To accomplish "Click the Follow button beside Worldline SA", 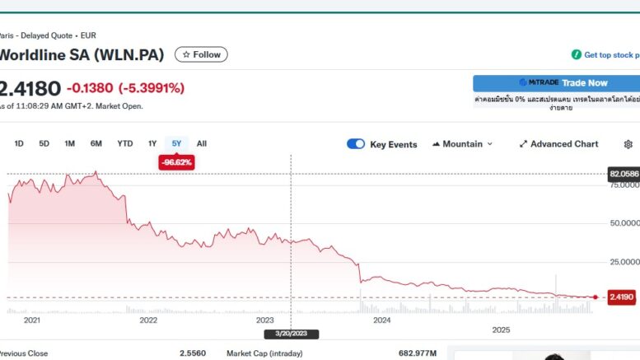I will point(201,54).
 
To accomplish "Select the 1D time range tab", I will point(19,143).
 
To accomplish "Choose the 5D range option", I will point(44,143).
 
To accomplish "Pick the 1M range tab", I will point(69,143).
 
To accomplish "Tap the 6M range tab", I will point(96,143).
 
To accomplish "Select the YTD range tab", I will point(125,143).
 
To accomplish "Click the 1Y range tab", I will point(152,143).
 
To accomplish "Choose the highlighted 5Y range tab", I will point(176,143).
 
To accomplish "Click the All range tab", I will point(202,143).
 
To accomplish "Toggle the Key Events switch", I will point(356,144).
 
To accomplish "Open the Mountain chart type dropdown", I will point(462,144).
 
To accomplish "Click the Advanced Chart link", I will point(558,144).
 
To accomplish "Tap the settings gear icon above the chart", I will point(628,144).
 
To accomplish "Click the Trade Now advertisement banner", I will point(556,83).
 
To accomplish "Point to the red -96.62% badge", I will point(176,162).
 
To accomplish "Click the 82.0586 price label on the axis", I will point(624,174).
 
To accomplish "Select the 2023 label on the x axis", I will point(265,320).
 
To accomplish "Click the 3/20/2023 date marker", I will point(291,334).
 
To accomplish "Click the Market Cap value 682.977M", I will point(417,353).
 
